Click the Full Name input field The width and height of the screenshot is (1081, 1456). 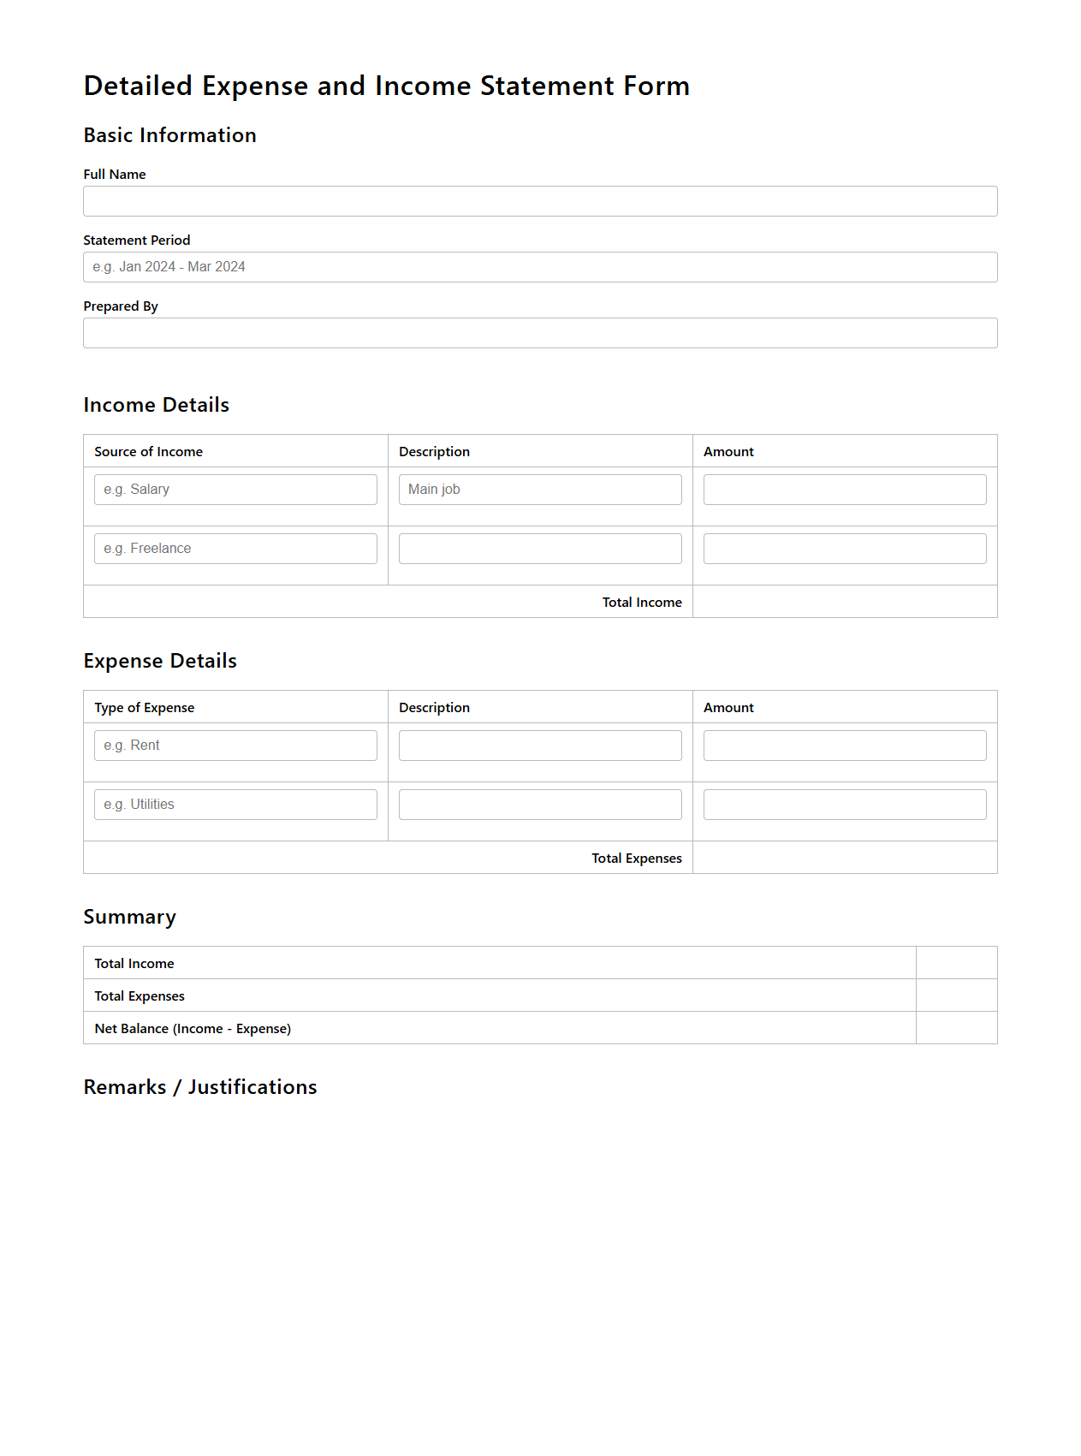coord(540,201)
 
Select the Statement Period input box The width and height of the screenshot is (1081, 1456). coord(540,267)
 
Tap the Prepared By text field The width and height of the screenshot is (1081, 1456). coord(540,333)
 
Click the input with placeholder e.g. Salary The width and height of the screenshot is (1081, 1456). coord(235,490)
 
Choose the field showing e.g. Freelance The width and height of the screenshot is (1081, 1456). coord(235,549)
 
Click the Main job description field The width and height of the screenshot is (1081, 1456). coord(540,490)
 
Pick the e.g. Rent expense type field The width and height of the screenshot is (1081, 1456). coord(235,746)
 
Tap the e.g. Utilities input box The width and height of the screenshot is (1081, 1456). coord(235,805)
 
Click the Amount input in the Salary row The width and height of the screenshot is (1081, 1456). coord(845,490)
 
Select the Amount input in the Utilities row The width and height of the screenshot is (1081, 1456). coord(845,805)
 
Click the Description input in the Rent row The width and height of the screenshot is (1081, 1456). coord(540,746)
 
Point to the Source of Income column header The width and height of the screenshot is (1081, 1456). coord(148,452)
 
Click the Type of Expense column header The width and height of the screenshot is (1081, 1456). coord(144,708)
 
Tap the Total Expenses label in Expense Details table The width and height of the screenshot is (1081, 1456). coord(637,859)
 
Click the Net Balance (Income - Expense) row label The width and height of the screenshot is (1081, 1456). coord(193,1029)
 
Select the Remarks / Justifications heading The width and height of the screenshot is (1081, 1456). coord(200,1087)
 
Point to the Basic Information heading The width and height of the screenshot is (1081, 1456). coord(169,135)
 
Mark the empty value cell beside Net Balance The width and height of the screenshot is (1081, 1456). coord(956,1028)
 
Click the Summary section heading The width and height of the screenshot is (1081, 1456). coord(129,917)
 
